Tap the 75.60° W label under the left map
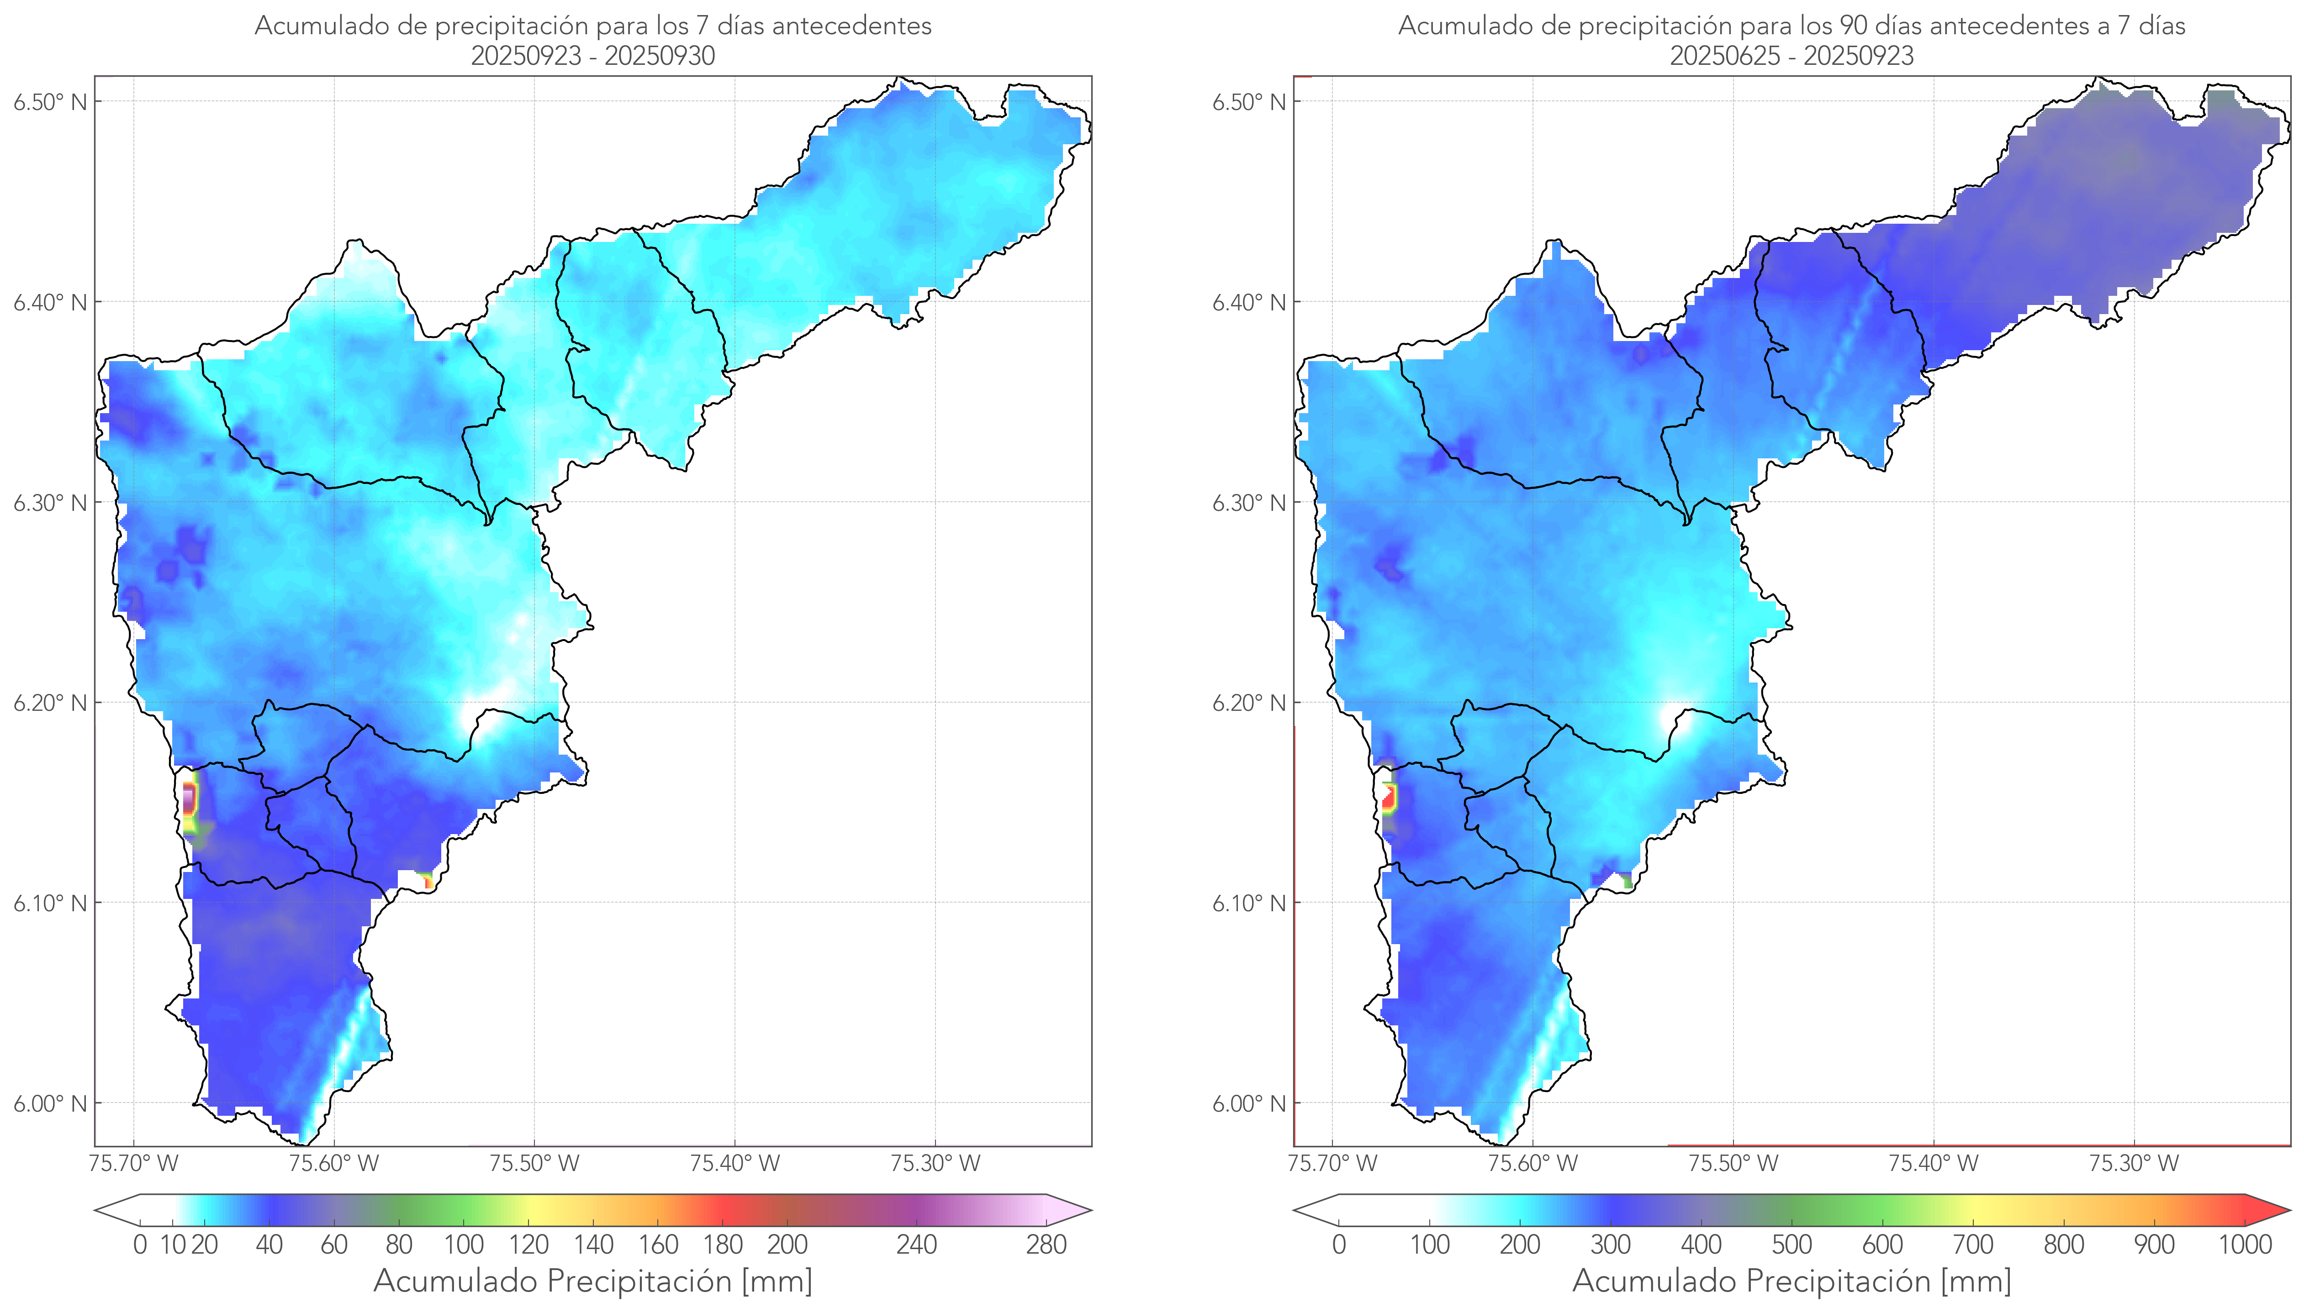coord(334,1163)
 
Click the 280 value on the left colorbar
coord(1046,1245)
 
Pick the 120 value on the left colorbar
coord(528,1245)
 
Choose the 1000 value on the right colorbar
coord(2245,1245)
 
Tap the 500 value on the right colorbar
coord(1791,1245)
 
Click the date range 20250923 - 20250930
coord(593,56)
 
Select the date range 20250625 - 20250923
coord(1791,56)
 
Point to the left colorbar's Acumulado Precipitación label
coord(593,1281)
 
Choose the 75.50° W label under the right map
coord(1733,1163)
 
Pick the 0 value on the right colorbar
coord(1339,1245)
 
